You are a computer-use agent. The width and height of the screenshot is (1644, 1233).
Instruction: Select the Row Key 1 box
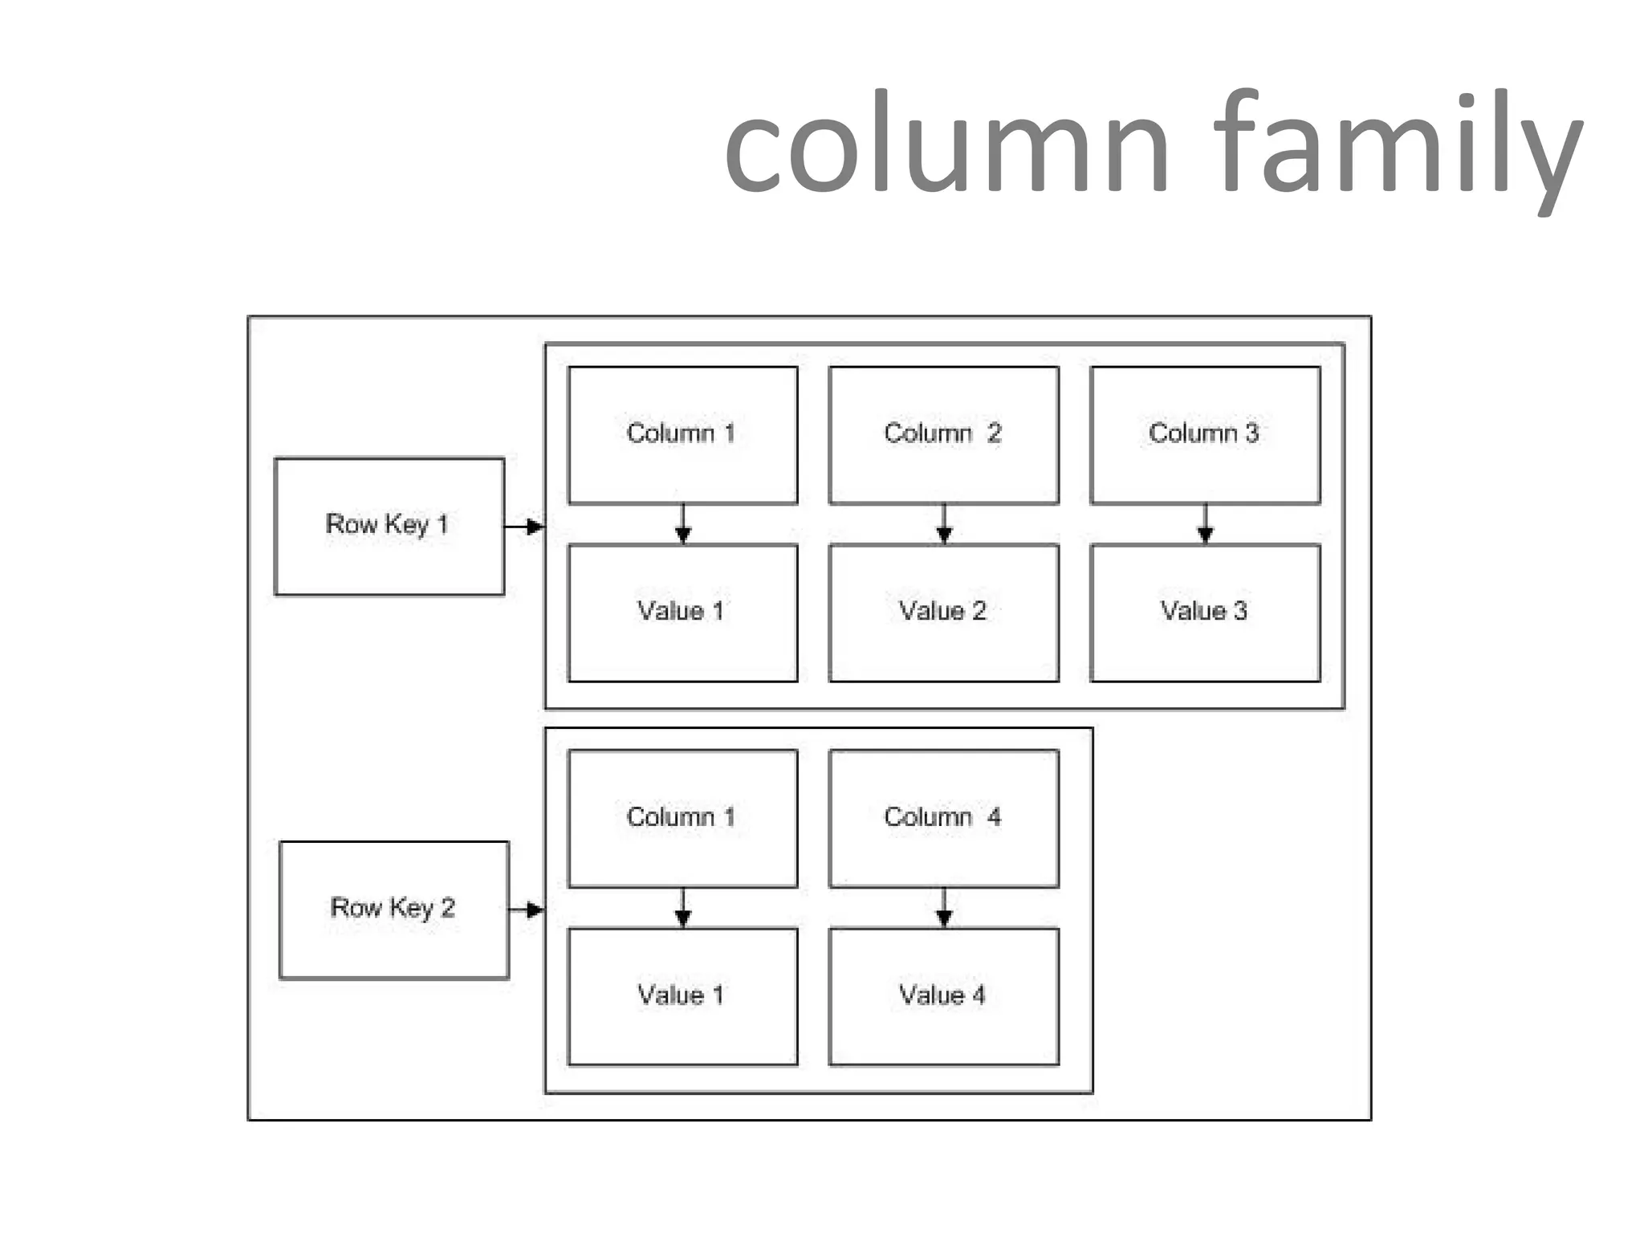[x=389, y=527]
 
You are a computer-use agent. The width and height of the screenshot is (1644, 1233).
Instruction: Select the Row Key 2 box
[x=394, y=909]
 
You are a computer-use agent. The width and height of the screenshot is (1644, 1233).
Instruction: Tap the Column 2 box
[x=943, y=435]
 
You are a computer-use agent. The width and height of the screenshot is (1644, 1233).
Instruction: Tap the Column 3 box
[x=1205, y=435]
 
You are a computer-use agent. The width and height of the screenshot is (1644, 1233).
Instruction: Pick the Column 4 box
[x=943, y=818]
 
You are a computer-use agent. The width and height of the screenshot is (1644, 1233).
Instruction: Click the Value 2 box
[x=943, y=612]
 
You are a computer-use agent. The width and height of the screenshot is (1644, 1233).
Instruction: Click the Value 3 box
[x=1205, y=612]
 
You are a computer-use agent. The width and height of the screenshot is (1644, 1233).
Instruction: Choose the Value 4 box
[x=943, y=996]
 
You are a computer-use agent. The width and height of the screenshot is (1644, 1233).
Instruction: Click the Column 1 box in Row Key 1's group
[x=682, y=435]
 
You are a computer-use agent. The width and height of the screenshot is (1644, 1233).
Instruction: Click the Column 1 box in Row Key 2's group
[x=682, y=818]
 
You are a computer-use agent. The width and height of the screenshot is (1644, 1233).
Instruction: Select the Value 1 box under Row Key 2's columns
[x=682, y=996]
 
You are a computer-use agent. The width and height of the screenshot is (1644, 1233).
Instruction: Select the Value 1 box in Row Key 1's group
[x=682, y=612]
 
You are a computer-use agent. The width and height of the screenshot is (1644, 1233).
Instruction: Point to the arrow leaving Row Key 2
[x=527, y=909]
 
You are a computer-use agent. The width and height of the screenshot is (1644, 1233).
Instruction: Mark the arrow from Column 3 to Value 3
[x=1205, y=524]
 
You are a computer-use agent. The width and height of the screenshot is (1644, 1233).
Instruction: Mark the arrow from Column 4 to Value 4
[x=944, y=908]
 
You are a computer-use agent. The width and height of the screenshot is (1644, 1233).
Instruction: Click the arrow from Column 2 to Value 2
[x=944, y=524]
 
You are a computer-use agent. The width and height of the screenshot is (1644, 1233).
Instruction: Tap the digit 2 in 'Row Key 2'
[x=448, y=907]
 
